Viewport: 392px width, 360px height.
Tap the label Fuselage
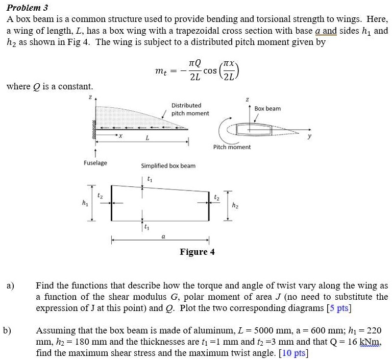95,163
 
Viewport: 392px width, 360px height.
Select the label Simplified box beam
168,166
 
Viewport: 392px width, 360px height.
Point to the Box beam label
267,109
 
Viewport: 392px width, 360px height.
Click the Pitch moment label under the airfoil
232,147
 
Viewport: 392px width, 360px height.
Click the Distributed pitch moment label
189,109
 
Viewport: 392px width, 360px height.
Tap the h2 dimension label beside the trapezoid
234,206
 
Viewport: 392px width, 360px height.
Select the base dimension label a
163,236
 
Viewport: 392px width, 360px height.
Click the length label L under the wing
147,138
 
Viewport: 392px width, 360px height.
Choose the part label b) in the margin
8,330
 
